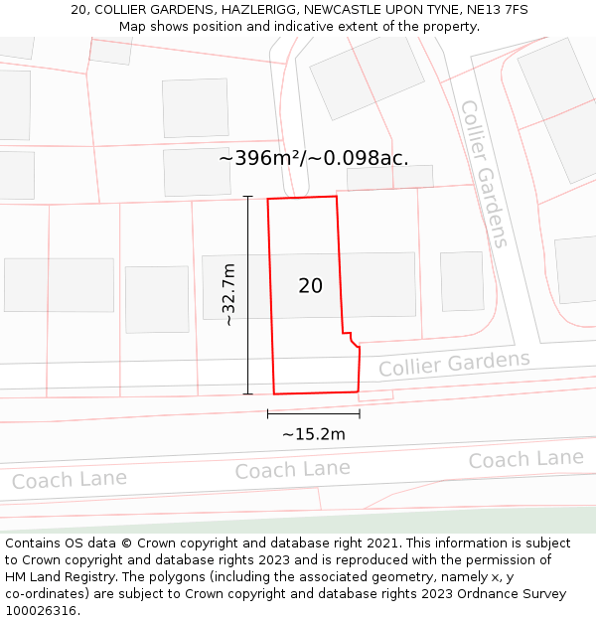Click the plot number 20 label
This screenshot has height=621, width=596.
310,286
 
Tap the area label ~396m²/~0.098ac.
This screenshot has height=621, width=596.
313,158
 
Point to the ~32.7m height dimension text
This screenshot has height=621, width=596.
229,295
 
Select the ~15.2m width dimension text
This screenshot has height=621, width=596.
313,434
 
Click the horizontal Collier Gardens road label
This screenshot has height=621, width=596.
454,364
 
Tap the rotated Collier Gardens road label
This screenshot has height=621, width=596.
485,173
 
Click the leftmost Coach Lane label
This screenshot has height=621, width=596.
70,480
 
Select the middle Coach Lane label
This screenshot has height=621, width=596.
292,469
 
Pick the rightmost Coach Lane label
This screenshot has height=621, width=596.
525,459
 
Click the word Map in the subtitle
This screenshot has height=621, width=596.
134,26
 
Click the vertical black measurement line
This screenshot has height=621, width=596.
248,295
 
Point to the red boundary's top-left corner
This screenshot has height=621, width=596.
268,199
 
